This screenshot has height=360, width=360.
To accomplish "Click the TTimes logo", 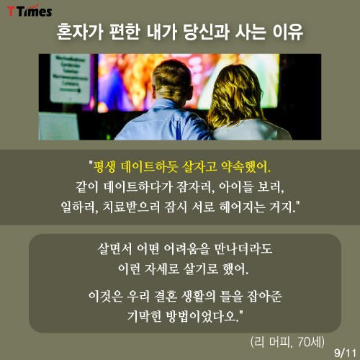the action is (x=30, y=11).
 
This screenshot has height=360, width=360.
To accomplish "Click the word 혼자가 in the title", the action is (x=80, y=32).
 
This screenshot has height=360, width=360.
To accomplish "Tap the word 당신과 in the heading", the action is (x=207, y=32).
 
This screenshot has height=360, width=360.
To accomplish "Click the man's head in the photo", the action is (x=172, y=79).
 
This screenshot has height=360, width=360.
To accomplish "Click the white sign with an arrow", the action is (x=70, y=78).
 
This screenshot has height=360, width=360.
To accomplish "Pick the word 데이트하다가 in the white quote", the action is (x=138, y=187).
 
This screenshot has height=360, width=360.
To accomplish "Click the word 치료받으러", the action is (x=131, y=207).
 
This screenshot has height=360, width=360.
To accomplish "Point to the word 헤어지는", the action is (x=243, y=207).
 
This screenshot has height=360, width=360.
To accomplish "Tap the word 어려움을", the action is (x=186, y=248).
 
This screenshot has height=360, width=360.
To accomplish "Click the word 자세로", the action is (x=162, y=269).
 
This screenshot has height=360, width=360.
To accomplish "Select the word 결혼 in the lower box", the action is (x=166, y=296).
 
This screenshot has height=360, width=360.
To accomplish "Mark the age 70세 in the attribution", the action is (x=309, y=341).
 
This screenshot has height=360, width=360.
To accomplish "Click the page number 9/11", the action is (x=345, y=353).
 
